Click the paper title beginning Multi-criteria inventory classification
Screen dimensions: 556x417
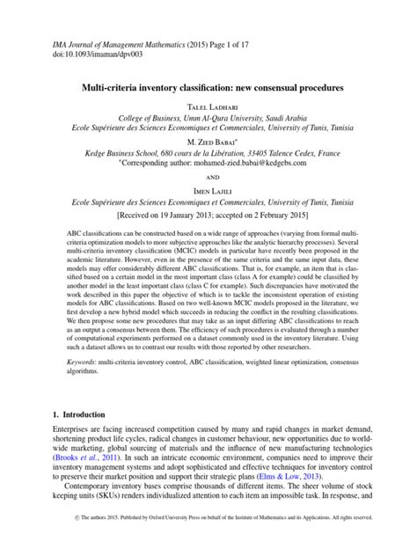point(208,90)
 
